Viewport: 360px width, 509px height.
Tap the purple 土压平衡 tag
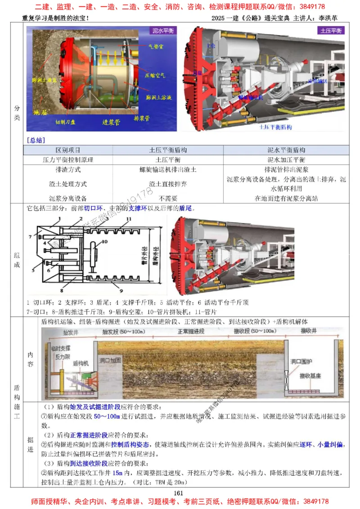pos(331,31)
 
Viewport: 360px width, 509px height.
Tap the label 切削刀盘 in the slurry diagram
pos(67,122)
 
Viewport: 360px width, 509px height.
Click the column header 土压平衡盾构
pos(168,150)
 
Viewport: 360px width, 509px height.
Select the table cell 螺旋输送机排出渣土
pos(168,170)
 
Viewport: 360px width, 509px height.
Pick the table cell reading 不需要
pos(168,198)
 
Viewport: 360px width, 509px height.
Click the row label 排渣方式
pos(68,170)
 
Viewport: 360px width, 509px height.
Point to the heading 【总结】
pos(36,140)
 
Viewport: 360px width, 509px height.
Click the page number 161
pos(180,493)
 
